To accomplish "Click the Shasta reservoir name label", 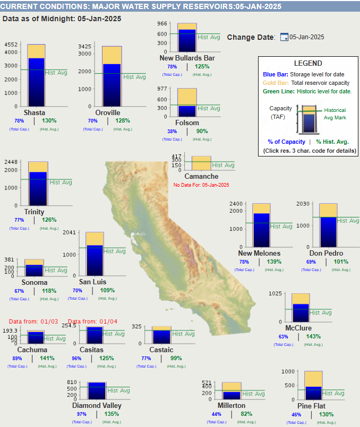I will [35, 112].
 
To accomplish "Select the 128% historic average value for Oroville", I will [123, 120].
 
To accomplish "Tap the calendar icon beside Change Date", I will [284, 37].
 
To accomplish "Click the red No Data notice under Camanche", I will [201, 185].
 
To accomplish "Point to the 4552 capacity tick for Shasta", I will [11, 45].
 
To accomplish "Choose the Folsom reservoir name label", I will [187, 123].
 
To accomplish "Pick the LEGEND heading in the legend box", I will [307, 63].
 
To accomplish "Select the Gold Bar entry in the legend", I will [276, 83].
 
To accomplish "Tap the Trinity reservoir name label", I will [35, 212].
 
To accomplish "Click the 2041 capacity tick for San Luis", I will [70, 232].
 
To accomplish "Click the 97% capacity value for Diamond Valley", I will [81, 414].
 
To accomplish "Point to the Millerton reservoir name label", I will [231, 405].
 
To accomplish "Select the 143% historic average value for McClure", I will [313, 336].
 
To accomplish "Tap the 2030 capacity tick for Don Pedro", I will [303, 204].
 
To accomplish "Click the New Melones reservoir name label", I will [259, 253].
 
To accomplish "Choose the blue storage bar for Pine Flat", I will [313, 396].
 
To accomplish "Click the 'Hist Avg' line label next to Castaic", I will [183, 334].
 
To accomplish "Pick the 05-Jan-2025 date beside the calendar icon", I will [307, 37].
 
